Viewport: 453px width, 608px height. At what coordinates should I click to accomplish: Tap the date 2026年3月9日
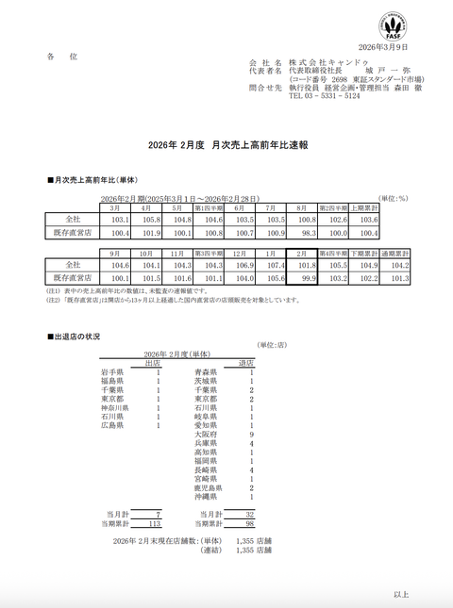coord(382,46)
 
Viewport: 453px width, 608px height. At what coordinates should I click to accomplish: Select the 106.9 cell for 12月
coord(241,267)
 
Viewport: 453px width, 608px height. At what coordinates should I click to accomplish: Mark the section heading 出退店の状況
coord(76,337)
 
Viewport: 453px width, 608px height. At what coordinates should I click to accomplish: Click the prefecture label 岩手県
coord(112,373)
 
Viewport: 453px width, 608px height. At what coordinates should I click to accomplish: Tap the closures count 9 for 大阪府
coord(251,434)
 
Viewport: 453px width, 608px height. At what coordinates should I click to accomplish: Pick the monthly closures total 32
coord(250,514)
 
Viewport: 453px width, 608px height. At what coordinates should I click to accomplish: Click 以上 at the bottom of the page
coord(400,595)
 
